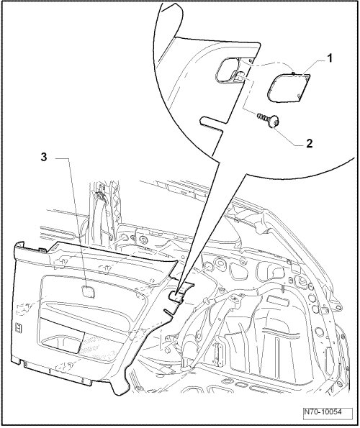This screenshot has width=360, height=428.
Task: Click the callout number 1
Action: (330, 58)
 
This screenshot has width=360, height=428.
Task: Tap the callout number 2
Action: (309, 143)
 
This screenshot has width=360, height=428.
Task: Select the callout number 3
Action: (44, 158)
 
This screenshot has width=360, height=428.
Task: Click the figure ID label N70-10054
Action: (328, 412)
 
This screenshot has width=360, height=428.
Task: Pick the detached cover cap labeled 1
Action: (288, 87)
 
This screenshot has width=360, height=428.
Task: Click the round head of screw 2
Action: (274, 121)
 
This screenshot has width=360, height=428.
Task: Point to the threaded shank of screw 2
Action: (261, 117)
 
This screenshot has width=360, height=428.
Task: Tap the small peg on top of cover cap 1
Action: (292, 73)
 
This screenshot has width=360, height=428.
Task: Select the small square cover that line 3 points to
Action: (89, 291)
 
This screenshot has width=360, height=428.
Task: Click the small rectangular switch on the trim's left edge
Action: (19, 327)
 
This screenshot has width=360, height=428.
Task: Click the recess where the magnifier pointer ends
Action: (176, 296)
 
